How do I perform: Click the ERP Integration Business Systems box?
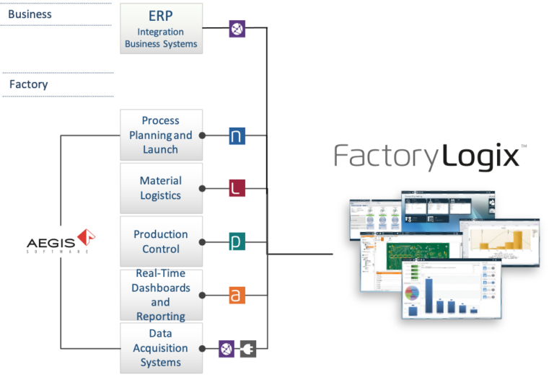tap(161, 29)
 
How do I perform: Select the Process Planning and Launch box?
tap(161, 135)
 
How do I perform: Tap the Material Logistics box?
tap(161, 188)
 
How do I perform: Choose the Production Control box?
tap(161, 241)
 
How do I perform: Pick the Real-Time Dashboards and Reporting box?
tap(161, 295)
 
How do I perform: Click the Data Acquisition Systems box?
tap(161, 347)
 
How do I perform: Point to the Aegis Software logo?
tap(62, 241)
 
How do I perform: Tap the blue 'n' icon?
tap(237, 136)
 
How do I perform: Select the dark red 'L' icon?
tap(237, 189)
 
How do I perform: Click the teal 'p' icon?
tap(237, 241)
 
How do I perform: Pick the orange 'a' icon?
tap(237, 295)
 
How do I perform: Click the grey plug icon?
tap(248, 348)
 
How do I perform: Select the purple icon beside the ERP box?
tap(237, 29)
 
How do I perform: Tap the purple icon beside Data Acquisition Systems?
tap(227, 348)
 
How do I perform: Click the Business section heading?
tap(30, 14)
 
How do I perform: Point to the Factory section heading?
tap(29, 84)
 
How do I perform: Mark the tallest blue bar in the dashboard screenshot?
tap(430, 295)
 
